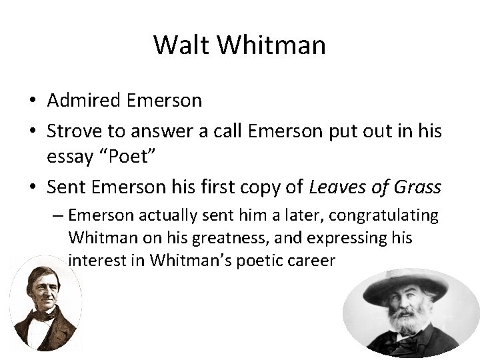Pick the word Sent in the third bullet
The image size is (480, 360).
pyautogui.click(x=65, y=189)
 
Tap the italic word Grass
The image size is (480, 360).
pyautogui.click(x=417, y=189)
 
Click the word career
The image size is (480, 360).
pyautogui.click(x=310, y=259)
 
